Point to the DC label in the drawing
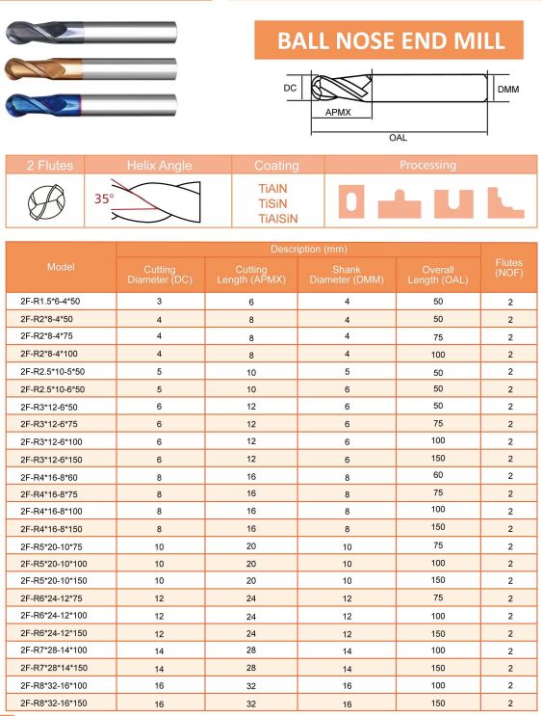pyautogui.click(x=289, y=88)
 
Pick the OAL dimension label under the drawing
pyautogui.click(x=398, y=138)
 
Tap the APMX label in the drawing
pyautogui.click(x=338, y=112)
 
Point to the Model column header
pyautogui.click(x=61, y=267)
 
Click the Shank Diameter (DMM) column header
pyautogui.click(x=346, y=274)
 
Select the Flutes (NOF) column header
pyautogui.click(x=509, y=267)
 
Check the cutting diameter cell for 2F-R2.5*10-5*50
pyautogui.click(x=160, y=371)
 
